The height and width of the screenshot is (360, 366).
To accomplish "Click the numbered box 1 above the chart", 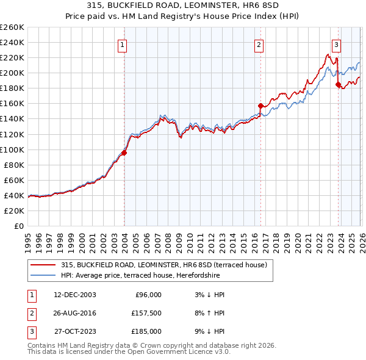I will [123, 44].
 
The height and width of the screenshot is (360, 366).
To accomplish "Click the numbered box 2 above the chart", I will [259, 44].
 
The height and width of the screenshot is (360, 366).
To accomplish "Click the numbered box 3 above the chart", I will [336, 44].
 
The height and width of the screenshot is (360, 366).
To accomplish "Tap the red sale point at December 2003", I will [124, 153].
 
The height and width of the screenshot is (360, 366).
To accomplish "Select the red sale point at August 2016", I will [260, 106].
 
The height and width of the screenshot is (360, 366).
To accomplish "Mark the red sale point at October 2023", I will [338, 84].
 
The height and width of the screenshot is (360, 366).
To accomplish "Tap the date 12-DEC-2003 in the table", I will [74, 294].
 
